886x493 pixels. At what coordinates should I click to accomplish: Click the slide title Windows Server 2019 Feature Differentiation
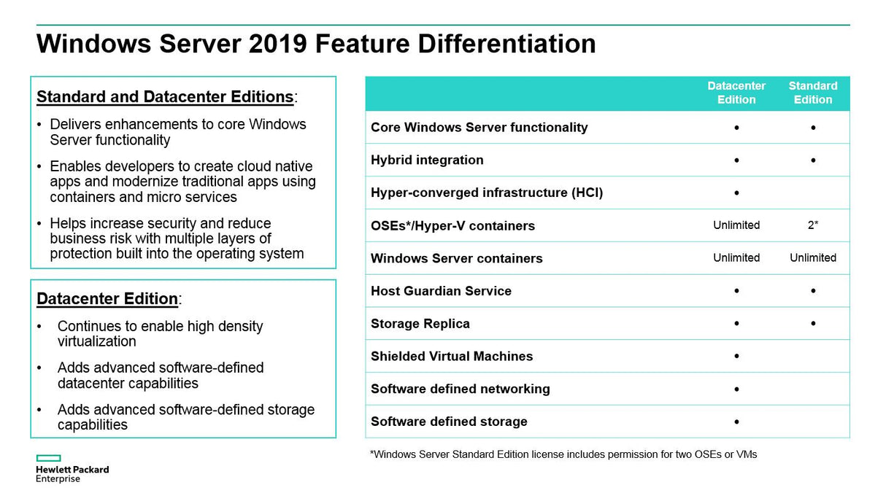click(x=316, y=44)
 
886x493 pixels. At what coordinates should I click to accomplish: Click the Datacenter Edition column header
click(x=736, y=93)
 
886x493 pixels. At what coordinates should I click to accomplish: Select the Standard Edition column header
click(x=812, y=93)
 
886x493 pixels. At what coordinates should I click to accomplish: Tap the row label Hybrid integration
click(x=427, y=160)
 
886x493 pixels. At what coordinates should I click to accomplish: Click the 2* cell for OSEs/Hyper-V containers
click(x=812, y=225)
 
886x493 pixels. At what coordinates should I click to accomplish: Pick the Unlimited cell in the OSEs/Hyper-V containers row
click(x=736, y=225)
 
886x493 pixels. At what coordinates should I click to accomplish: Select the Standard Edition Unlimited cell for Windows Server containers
click(x=812, y=257)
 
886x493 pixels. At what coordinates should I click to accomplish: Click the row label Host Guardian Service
click(x=441, y=291)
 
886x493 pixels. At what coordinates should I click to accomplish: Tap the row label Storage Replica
click(x=420, y=324)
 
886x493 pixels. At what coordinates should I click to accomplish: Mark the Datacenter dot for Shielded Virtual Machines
click(x=736, y=357)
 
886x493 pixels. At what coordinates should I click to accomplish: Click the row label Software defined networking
click(x=460, y=389)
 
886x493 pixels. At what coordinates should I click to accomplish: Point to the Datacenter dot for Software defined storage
click(x=736, y=422)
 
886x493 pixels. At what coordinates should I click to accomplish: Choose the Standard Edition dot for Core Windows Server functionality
click(x=813, y=128)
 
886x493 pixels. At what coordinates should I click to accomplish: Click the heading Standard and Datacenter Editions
click(x=165, y=97)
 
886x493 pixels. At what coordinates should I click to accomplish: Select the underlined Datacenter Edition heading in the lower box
click(x=107, y=299)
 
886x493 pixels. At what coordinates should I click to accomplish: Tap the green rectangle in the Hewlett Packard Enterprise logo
click(x=49, y=458)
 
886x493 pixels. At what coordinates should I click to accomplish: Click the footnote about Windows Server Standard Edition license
click(x=563, y=454)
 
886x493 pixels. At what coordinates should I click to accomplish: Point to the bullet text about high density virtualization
click(x=160, y=334)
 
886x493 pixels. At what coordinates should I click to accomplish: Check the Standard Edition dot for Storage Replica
click(x=813, y=324)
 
